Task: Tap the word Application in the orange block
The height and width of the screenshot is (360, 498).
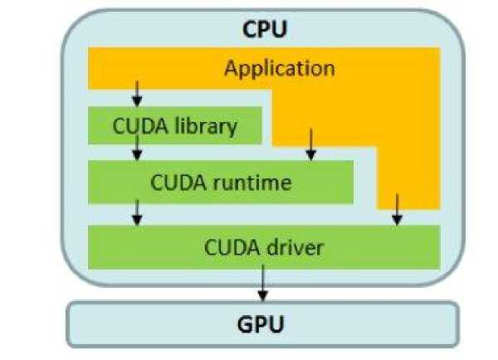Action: (x=279, y=67)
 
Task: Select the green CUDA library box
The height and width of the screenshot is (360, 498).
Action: (x=174, y=127)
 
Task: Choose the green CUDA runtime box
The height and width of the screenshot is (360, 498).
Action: (x=221, y=182)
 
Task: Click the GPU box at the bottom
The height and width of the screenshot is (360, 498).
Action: (x=262, y=323)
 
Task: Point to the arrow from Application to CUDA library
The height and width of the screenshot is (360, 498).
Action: (x=137, y=93)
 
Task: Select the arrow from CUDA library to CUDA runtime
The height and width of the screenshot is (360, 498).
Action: (x=137, y=148)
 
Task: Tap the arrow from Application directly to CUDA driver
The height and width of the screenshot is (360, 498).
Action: (x=397, y=209)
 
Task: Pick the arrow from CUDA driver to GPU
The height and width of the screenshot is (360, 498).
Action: (x=262, y=284)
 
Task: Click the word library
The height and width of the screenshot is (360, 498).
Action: (x=210, y=127)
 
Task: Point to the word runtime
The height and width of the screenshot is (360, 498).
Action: (x=257, y=182)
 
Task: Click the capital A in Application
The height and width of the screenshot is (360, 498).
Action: (x=231, y=67)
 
